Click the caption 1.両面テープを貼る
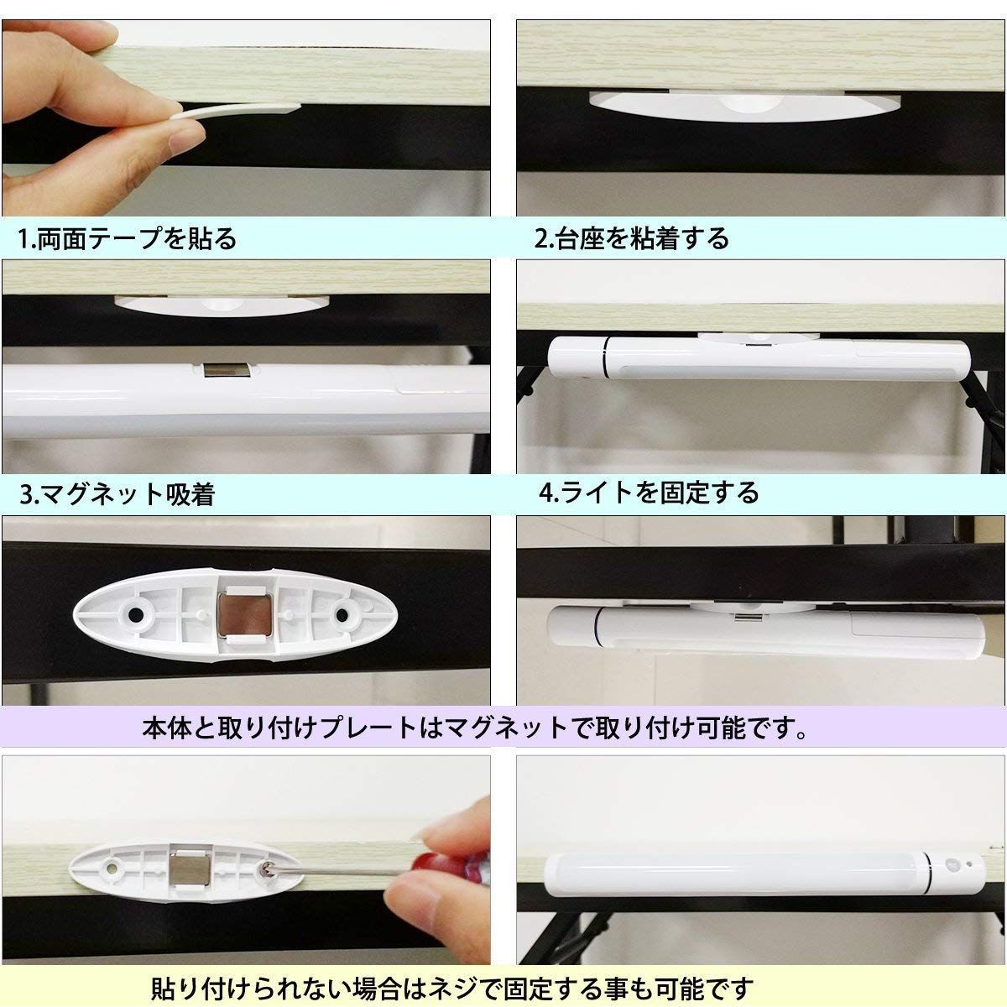click(127, 239)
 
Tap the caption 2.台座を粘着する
click(631, 238)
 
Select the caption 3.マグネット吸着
click(117, 494)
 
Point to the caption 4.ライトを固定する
click(649, 493)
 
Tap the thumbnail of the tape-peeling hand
click(246, 118)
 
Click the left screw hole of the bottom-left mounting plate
click(112, 868)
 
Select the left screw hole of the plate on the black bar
click(135, 614)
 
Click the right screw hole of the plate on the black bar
click(342, 614)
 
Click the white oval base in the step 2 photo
click(746, 106)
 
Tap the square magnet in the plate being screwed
click(191, 868)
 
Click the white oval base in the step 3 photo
click(222, 305)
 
